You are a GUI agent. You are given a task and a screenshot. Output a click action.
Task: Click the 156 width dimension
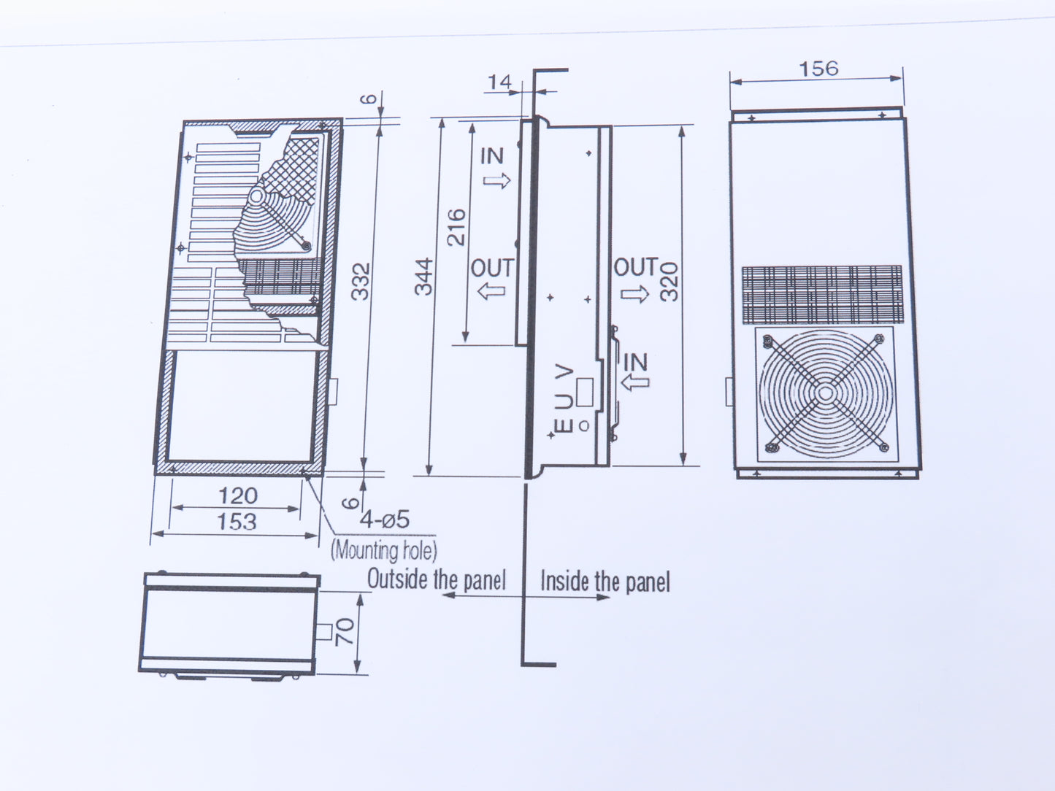click(818, 69)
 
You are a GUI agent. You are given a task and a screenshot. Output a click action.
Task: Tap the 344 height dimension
click(424, 277)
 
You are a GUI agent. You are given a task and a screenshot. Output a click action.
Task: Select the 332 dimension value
click(361, 282)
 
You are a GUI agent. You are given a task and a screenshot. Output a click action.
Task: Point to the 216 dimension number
click(456, 228)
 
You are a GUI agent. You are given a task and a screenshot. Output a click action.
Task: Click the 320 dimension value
click(669, 282)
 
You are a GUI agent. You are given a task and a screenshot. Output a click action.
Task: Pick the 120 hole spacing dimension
click(238, 495)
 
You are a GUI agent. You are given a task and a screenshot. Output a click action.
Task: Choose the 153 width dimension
click(237, 522)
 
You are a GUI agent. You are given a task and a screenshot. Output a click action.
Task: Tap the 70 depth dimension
click(345, 631)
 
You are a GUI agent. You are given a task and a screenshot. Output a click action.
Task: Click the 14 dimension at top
click(500, 82)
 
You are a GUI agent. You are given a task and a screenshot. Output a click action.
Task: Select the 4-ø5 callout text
click(385, 519)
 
